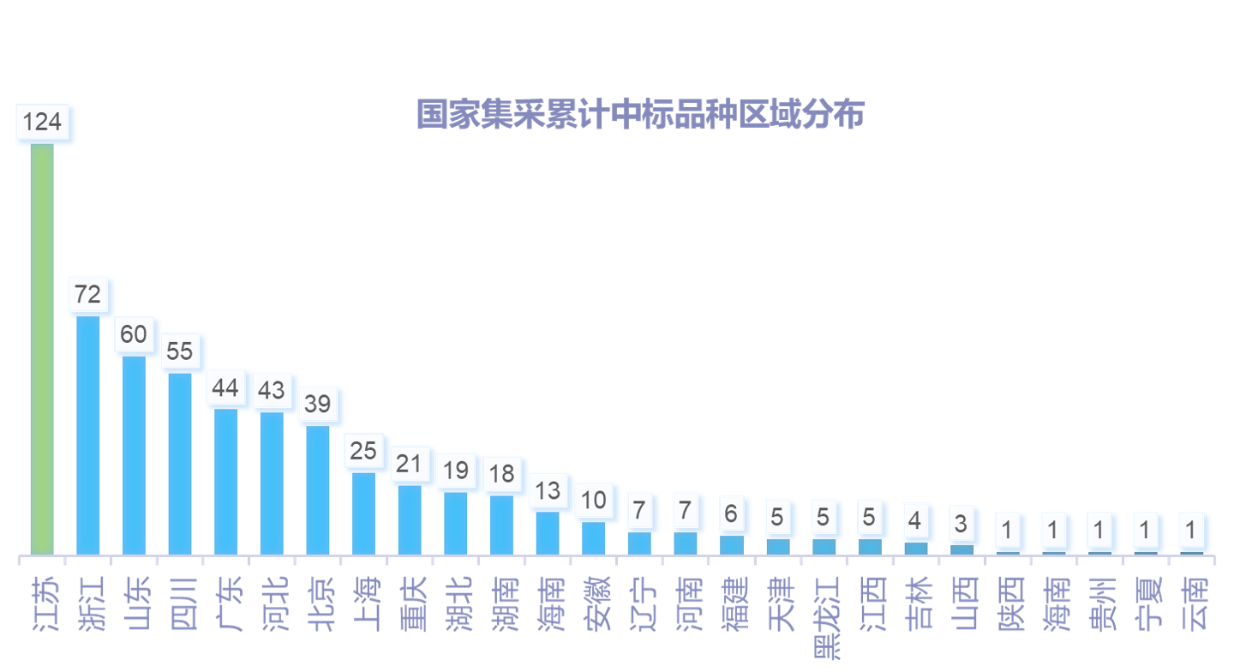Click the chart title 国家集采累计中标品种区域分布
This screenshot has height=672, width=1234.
point(640,115)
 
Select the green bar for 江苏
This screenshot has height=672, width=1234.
point(42,348)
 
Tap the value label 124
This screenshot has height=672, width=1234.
point(42,122)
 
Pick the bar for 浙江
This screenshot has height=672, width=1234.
point(88,435)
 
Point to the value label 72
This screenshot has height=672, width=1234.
point(88,295)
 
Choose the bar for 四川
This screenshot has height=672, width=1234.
point(180,463)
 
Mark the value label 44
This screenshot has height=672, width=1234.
point(225,388)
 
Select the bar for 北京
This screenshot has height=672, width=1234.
point(318,489)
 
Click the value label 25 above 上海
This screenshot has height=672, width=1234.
point(363,450)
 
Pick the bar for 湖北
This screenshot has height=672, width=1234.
point(456,523)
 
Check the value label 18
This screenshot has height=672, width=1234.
point(501,474)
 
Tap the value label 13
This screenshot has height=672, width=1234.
point(548,490)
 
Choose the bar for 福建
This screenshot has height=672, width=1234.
point(732,544)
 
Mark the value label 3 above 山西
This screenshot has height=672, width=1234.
point(961,523)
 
